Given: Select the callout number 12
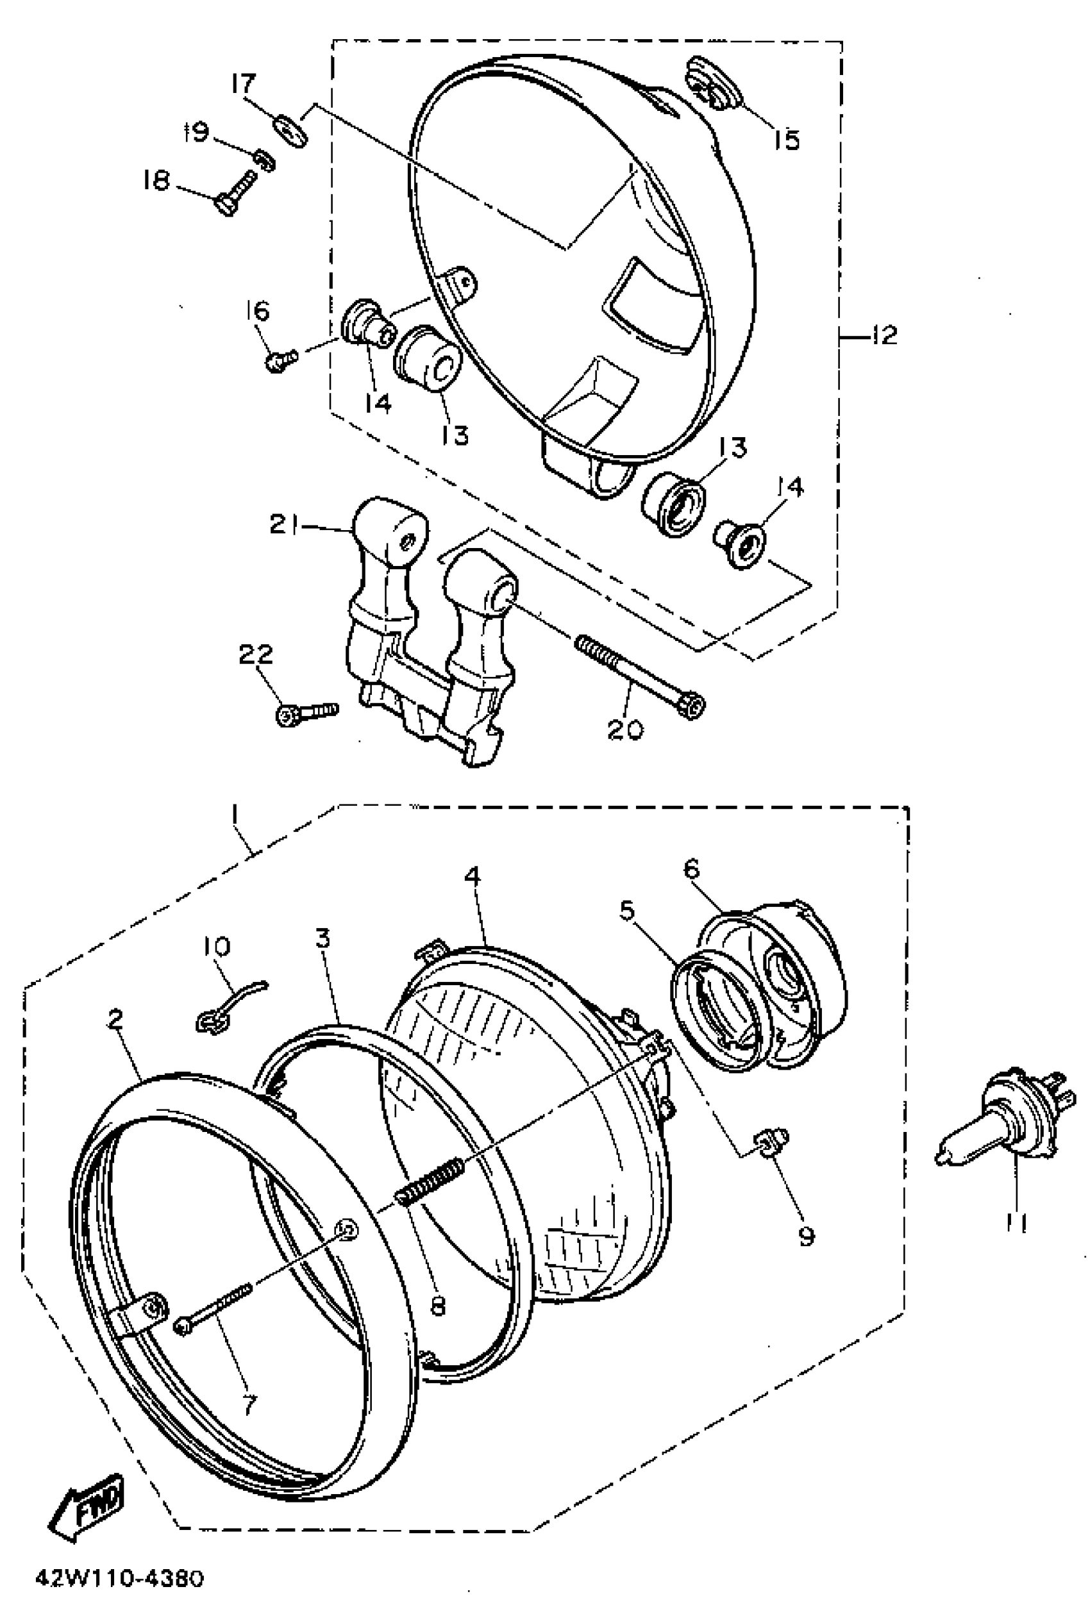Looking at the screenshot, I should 883,336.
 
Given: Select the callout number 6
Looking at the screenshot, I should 692,868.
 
